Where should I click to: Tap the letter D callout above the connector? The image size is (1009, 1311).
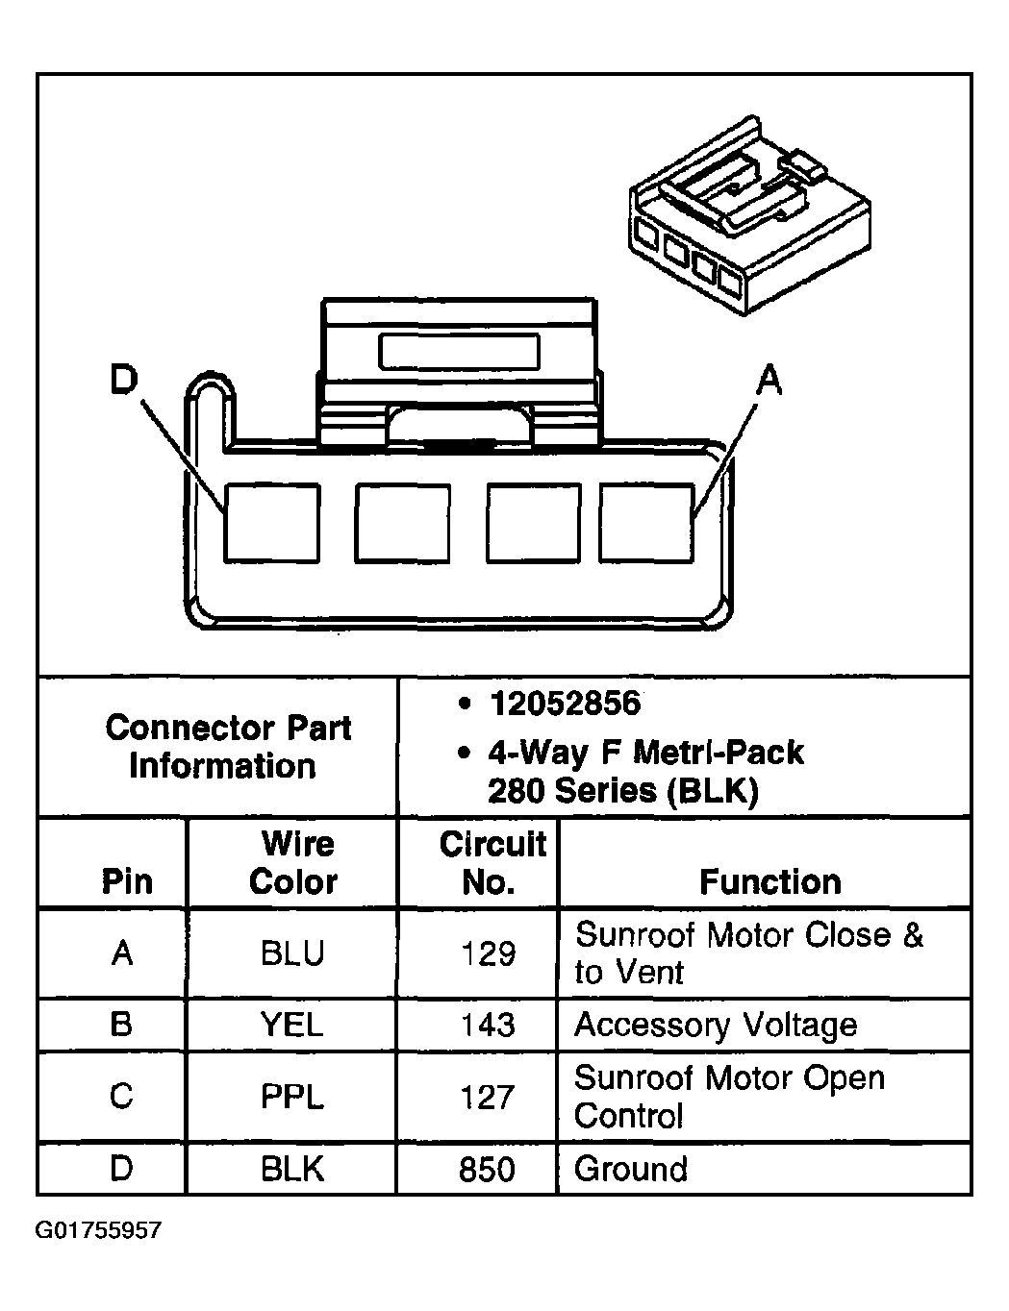click(x=123, y=381)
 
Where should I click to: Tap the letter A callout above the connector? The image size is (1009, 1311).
click(x=769, y=382)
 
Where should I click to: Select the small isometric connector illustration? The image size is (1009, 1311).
click(x=749, y=221)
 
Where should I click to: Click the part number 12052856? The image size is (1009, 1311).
click(x=565, y=704)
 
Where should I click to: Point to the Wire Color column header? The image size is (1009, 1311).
click(x=293, y=862)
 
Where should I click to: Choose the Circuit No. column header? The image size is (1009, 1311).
click(x=491, y=862)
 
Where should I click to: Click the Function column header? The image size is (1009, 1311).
click(x=769, y=880)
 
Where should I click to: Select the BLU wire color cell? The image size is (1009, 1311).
click(x=292, y=953)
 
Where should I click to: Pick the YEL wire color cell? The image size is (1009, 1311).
click(x=292, y=1025)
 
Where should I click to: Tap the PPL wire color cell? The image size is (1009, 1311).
click(x=292, y=1097)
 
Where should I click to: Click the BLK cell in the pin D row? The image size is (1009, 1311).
click(x=292, y=1169)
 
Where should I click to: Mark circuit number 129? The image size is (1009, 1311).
click(x=488, y=953)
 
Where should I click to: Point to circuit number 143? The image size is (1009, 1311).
click(x=488, y=1025)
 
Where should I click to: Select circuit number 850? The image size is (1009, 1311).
click(x=488, y=1169)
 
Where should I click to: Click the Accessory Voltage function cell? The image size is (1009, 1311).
click(x=716, y=1025)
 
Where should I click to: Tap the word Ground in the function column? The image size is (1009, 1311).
click(x=631, y=1169)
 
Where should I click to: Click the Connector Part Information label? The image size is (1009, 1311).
click(x=227, y=746)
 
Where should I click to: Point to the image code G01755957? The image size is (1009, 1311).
click(x=99, y=1231)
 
